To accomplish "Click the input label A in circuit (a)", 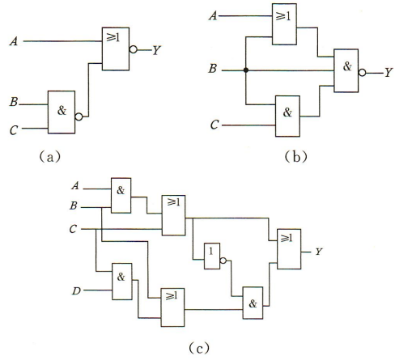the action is [x=14, y=41].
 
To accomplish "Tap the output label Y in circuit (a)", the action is [x=156, y=50].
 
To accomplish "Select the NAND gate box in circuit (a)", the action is [x=62, y=112].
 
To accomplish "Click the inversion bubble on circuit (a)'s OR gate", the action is [x=134, y=49].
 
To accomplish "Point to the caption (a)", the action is [x=50, y=157].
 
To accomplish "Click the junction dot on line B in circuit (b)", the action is [x=246, y=70].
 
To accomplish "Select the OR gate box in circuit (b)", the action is [x=284, y=24].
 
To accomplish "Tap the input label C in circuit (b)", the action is [x=214, y=125].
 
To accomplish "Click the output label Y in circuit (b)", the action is [x=389, y=72].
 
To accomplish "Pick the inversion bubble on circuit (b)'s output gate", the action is [x=363, y=73].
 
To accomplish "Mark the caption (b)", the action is [x=296, y=156].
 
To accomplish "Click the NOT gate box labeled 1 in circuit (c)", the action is [x=212, y=256].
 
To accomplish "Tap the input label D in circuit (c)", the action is [x=76, y=291].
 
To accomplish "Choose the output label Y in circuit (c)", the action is [x=319, y=252].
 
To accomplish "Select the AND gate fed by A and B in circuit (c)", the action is [x=121, y=196].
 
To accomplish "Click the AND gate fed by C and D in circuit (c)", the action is [x=122, y=282].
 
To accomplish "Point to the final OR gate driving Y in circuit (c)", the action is [x=289, y=249].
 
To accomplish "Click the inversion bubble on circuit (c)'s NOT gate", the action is [x=223, y=260].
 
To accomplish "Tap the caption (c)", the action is [x=199, y=348].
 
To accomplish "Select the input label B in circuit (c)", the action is [x=74, y=206].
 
